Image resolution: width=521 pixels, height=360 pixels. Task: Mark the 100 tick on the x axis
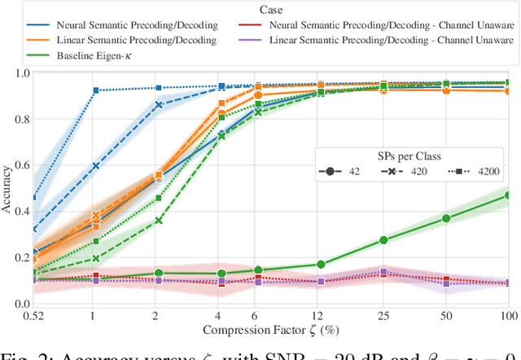tap(507, 314)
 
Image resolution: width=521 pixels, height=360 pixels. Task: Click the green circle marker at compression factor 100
tap(507, 195)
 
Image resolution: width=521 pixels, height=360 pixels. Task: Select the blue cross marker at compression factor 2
tap(159, 105)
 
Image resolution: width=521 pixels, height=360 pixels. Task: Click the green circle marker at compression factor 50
tap(444, 218)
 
